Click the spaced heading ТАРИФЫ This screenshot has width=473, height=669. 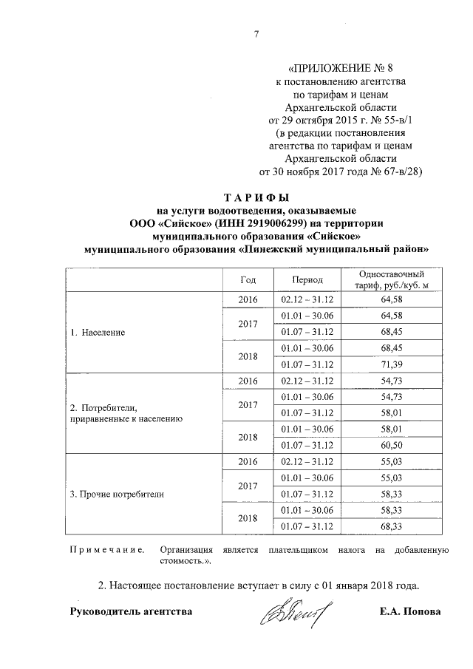click(x=255, y=197)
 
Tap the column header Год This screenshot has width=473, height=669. click(x=248, y=280)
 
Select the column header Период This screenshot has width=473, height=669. click(x=307, y=280)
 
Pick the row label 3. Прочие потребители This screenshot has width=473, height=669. click(x=117, y=493)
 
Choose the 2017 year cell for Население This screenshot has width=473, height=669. click(x=248, y=324)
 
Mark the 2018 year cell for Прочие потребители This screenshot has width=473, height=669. click(x=248, y=517)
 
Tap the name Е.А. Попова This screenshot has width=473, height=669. click(x=409, y=612)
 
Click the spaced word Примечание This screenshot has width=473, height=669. click(x=106, y=550)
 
